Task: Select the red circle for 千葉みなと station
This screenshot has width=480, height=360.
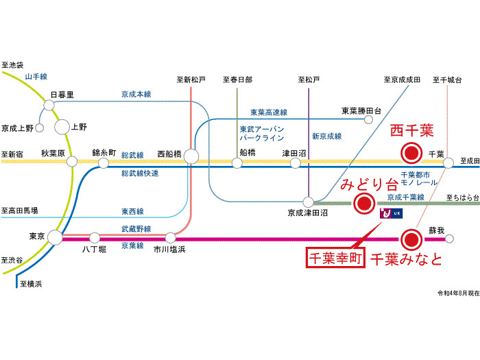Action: tap(411, 239)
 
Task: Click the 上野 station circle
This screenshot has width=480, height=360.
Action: tap(62, 126)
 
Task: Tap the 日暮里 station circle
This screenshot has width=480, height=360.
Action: tap(49, 105)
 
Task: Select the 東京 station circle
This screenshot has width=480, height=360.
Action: tap(55, 237)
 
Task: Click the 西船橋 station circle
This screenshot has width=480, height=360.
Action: tap(191, 157)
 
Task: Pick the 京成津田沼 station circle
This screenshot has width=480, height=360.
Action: tap(309, 202)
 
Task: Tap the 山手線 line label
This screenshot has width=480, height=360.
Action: tap(35, 77)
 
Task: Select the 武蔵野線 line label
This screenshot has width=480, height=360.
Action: tap(136, 228)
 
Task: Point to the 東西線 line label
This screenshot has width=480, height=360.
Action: tap(133, 211)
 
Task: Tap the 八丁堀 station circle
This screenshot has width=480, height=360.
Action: tap(95, 237)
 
